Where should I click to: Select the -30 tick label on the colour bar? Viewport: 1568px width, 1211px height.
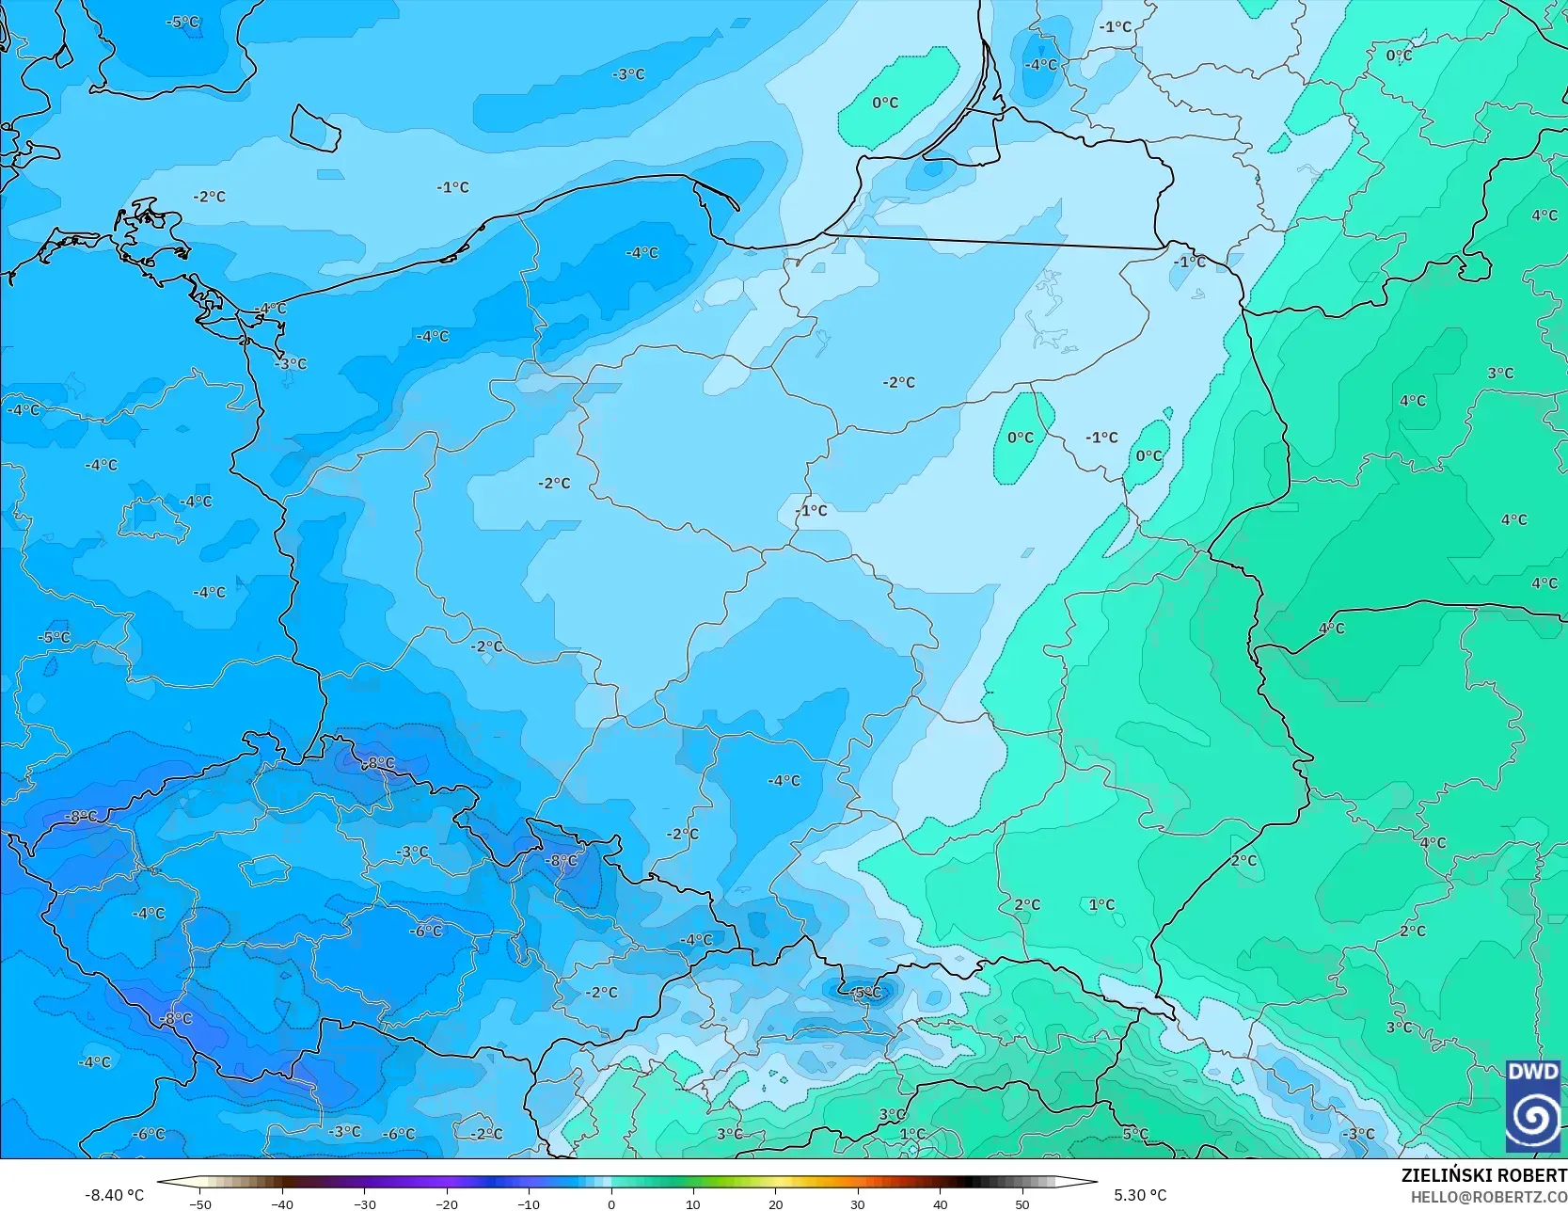click(x=364, y=1203)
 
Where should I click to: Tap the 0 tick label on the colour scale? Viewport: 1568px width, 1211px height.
click(x=611, y=1203)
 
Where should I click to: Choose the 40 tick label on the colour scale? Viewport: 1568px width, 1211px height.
click(x=941, y=1203)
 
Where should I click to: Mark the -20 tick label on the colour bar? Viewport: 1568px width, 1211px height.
click(x=446, y=1203)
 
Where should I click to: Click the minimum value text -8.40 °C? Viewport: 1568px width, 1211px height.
click(x=115, y=1195)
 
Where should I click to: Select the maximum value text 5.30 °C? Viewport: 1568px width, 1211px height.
click(x=1140, y=1195)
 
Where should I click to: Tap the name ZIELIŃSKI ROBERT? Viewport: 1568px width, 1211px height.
click(x=1483, y=1175)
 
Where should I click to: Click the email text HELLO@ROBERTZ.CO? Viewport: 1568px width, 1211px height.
click(x=1488, y=1195)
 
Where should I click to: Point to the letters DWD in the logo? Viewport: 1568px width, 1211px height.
click(x=1532, y=1072)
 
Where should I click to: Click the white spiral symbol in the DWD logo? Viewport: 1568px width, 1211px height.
click(x=1533, y=1116)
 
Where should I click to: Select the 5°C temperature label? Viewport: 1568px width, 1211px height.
click(x=1135, y=1134)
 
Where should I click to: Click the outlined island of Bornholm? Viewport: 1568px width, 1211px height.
click(x=314, y=127)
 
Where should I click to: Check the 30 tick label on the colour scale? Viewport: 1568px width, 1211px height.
click(x=858, y=1203)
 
